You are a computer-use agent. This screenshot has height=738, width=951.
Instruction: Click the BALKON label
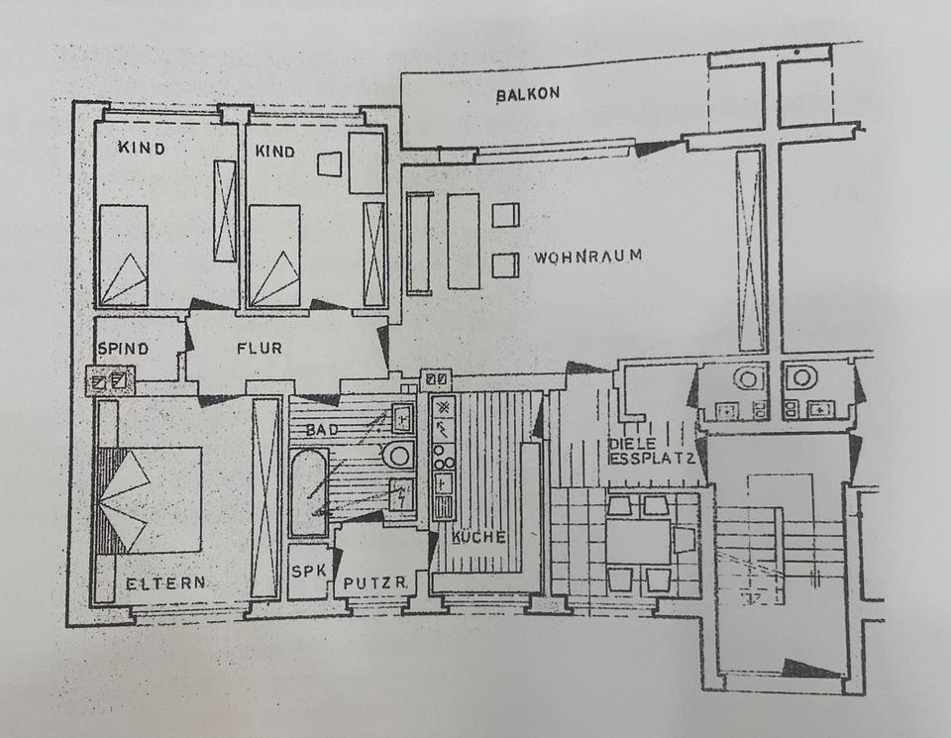528,94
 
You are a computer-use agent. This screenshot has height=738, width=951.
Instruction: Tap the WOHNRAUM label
587,257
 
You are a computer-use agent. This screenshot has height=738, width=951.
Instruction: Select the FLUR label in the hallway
260,349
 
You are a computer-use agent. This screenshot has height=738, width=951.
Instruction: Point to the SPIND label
123,350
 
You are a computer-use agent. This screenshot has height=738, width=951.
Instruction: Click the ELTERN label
166,583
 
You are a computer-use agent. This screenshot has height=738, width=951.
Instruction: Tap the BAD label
321,430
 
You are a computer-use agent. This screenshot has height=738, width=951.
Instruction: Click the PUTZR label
373,582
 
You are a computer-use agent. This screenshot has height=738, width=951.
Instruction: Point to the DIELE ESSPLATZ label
651,451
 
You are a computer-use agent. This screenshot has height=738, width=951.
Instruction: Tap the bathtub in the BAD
308,492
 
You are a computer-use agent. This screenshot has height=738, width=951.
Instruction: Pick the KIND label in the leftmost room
142,149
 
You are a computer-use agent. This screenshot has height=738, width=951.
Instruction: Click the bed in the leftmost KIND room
123,256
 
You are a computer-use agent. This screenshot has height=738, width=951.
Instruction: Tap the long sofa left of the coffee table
419,243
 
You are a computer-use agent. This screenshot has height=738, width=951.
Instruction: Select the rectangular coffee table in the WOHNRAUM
463,241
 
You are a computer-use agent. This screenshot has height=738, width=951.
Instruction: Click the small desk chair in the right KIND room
330,164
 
